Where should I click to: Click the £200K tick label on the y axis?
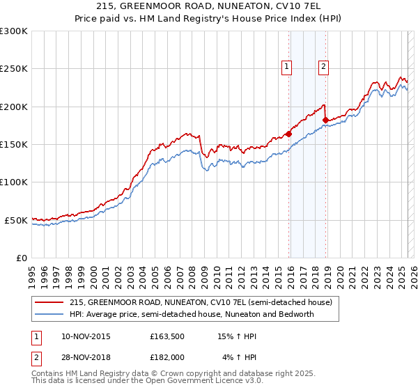pyautogui.click(x=13, y=107)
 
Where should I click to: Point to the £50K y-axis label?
pyautogui.click(x=16, y=220)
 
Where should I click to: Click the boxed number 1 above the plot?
pyautogui.click(x=286, y=67)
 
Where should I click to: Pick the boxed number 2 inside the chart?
pyautogui.click(x=324, y=67)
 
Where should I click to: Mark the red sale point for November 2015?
pyautogui.click(x=288, y=134)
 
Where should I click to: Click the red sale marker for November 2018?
pyautogui.click(x=325, y=120)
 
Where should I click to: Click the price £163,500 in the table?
pyautogui.click(x=167, y=336)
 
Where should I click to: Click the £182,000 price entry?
pyautogui.click(x=167, y=357)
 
